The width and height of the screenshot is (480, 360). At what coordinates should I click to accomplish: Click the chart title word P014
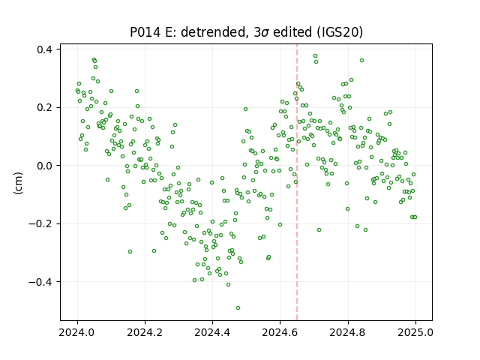pos(145,32)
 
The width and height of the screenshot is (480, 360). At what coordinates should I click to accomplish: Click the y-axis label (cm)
pos(18,183)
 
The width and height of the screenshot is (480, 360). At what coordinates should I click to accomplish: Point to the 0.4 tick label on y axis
pos(45,49)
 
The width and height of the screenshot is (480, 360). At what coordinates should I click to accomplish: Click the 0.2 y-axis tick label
pos(45,108)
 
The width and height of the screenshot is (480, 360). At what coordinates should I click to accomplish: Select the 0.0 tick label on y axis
pos(45,166)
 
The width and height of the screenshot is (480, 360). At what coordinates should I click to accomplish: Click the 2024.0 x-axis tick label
pos(77,332)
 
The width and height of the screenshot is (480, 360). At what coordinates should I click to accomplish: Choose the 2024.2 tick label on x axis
pos(145,332)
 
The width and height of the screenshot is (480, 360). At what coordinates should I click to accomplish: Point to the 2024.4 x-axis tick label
pos(212,332)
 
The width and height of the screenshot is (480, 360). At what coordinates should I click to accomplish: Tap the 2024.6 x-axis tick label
pos(280,332)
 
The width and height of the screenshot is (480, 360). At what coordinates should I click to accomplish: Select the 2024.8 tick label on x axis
pos(347,332)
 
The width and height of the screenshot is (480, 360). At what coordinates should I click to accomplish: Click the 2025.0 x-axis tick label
pos(415,332)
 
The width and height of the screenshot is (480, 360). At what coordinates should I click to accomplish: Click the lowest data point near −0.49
pos(238,307)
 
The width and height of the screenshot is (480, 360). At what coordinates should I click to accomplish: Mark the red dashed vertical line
pos(297,182)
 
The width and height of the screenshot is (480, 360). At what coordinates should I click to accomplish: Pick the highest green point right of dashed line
pos(315,56)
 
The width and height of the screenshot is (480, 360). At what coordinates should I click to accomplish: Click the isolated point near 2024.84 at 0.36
pos(361,60)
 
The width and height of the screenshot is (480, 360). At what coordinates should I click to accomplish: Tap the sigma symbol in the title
pos(265,33)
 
